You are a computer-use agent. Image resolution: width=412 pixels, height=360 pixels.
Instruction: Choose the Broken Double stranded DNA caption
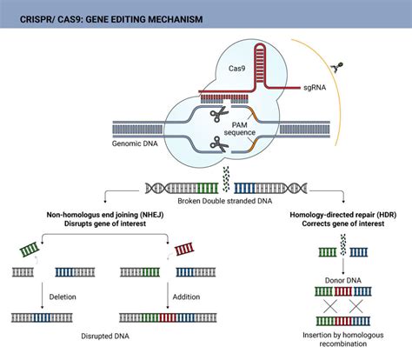tap(206, 198)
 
